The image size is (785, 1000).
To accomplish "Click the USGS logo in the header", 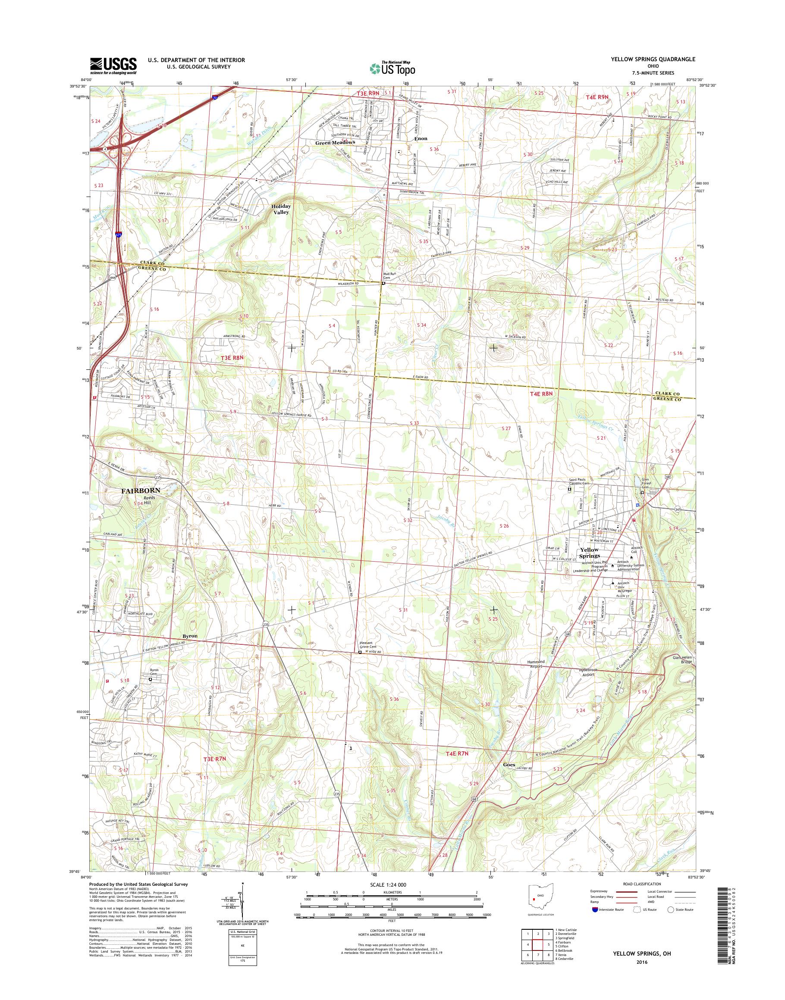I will [113, 66].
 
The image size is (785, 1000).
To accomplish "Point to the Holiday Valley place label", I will [281, 209].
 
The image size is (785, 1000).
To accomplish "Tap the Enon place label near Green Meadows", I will [421, 138].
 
